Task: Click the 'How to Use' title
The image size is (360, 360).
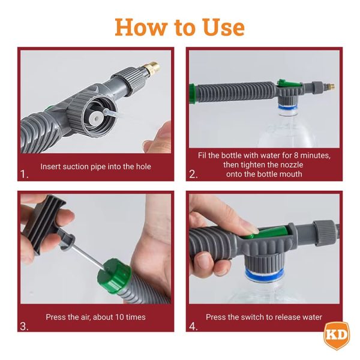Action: tap(179, 27)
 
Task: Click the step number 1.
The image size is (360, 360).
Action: tap(24, 175)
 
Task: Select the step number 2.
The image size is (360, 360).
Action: tap(193, 175)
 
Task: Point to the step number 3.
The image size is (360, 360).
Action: tap(24, 326)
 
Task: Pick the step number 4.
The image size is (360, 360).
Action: tap(193, 326)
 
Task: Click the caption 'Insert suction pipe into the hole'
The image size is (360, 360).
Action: tap(96, 166)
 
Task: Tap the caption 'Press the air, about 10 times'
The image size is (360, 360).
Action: tap(96, 317)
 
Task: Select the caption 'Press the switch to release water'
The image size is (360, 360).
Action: tap(264, 317)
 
